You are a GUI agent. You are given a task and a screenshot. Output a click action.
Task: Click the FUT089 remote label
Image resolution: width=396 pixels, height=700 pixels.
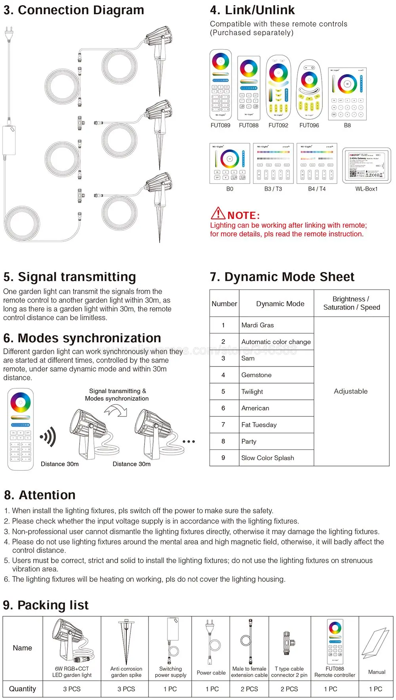coord(220,125)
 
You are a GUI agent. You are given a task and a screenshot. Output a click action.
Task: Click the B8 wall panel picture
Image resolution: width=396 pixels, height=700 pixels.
coord(347,94)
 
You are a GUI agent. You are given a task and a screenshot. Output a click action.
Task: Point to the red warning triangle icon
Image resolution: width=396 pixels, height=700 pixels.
coord(218,213)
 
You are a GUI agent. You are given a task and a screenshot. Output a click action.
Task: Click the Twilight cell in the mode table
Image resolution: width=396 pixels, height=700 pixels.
coord(252,391)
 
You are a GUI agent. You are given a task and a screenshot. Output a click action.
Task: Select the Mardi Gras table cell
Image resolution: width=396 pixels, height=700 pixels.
coord(258,325)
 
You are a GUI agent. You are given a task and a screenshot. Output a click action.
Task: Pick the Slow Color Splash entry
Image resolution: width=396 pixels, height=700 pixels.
coord(268,458)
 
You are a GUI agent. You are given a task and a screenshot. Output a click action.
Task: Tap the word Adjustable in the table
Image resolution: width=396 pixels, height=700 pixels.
coord(351,391)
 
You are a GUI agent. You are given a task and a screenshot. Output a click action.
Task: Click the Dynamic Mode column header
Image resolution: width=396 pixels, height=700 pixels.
coord(280,304)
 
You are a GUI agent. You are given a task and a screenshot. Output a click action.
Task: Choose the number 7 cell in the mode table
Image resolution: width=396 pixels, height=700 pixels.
coord(223,425)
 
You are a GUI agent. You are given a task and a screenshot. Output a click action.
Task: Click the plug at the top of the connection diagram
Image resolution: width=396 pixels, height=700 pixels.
coord(8,34)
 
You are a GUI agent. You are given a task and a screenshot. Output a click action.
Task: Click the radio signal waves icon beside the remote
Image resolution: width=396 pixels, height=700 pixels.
coord(48,437)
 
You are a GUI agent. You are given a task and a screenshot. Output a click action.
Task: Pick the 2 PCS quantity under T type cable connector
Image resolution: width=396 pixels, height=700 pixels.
coord(289,689)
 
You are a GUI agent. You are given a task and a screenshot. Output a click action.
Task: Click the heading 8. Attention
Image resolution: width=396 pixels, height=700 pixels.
coord(40,495)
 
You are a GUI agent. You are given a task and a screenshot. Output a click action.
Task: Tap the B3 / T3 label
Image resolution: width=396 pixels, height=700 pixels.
coord(273,189)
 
